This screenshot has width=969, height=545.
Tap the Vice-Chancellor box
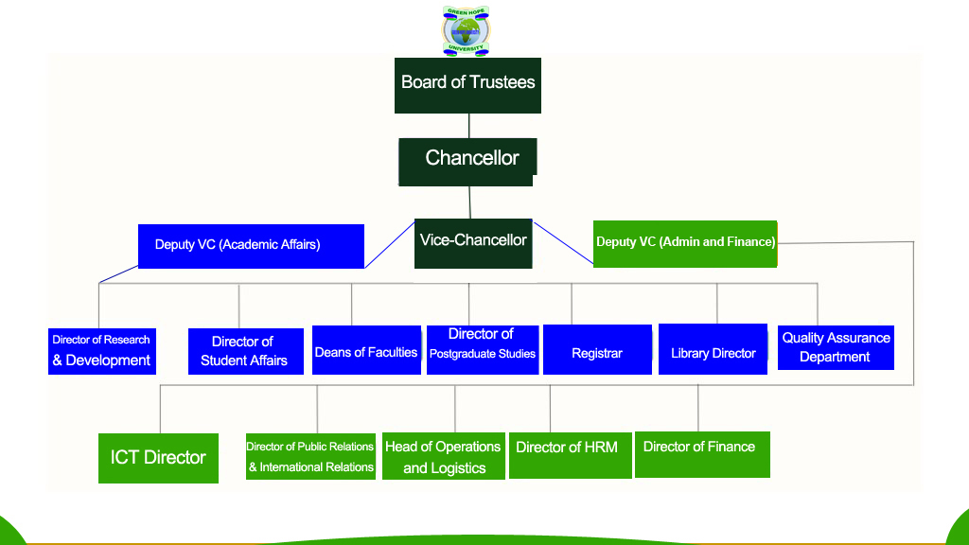[473, 243]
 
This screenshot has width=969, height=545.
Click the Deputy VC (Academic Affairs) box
[251, 246]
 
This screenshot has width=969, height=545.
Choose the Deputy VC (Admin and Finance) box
[685, 243]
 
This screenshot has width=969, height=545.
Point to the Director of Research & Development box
[101, 351]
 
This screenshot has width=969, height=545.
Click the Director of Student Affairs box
[245, 351]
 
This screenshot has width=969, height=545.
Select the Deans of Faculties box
[366, 350]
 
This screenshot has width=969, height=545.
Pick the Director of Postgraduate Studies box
[483, 349]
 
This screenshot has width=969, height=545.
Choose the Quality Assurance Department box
[836, 347]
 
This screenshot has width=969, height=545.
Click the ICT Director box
[158, 458]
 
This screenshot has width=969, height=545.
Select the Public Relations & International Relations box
[310, 456]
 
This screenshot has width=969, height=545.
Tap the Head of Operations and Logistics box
[443, 457]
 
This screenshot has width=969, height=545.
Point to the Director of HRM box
[570, 455]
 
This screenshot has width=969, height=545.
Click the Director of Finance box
[701, 454]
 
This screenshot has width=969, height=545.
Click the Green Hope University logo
[466, 30]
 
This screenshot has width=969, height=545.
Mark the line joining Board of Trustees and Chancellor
[469, 126]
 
